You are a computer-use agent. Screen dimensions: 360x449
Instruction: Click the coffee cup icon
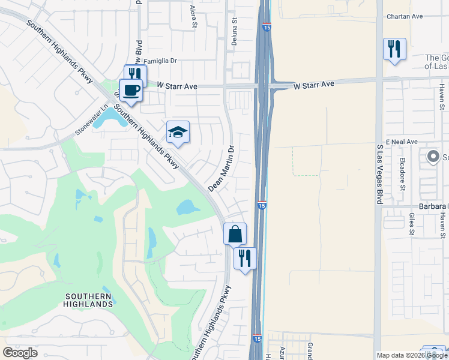point(131,91)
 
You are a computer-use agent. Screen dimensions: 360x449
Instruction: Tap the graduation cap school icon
point(178,132)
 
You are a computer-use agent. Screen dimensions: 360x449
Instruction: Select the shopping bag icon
point(235,234)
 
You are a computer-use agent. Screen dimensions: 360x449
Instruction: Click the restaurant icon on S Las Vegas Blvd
point(394,49)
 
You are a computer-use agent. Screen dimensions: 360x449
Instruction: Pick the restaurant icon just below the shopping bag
point(245,258)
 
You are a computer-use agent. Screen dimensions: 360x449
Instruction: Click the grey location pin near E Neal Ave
point(433,157)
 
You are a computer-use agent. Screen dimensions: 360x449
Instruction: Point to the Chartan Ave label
point(405,16)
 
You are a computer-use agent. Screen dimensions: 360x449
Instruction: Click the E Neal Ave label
point(402,142)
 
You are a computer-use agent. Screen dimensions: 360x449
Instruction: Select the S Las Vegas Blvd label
point(379,174)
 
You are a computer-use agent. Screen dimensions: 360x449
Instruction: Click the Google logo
point(20,352)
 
